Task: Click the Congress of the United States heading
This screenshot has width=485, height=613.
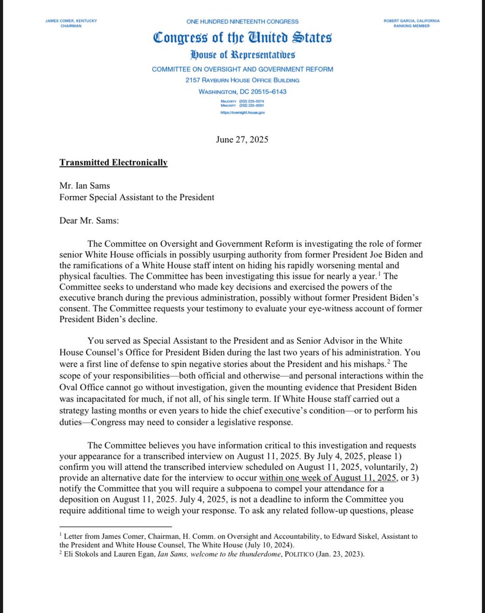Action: (x=242, y=38)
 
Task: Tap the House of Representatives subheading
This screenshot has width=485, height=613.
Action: (x=242, y=56)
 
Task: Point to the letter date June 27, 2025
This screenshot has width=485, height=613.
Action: (x=242, y=139)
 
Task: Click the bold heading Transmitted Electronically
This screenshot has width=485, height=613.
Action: (x=113, y=163)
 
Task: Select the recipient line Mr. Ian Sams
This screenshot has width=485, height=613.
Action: (x=84, y=186)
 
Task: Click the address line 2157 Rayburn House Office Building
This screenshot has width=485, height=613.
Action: (x=242, y=80)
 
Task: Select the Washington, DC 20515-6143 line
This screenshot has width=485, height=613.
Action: (x=242, y=91)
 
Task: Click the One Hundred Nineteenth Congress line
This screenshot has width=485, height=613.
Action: (x=242, y=21)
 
